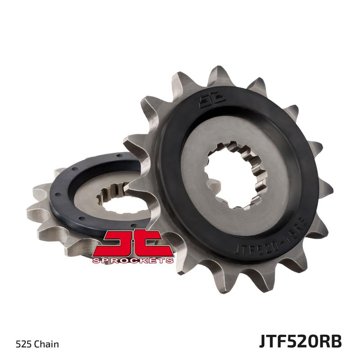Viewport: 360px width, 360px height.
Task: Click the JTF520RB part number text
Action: [x=300, y=341]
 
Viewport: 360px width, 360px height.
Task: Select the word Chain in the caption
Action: [x=48, y=345]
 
